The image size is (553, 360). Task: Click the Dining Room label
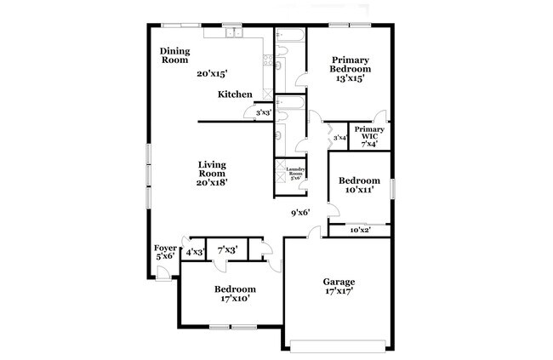pyautogui.click(x=174, y=55)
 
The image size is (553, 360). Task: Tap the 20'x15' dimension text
pyautogui.click(x=212, y=74)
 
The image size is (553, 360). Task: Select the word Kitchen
pyautogui.click(x=234, y=94)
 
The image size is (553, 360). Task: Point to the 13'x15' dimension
pyautogui.click(x=350, y=78)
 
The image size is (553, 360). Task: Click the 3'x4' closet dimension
pyautogui.click(x=339, y=137)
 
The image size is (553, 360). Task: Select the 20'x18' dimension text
pyautogui.click(x=212, y=181)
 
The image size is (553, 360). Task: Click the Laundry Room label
pyautogui.click(x=295, y=174)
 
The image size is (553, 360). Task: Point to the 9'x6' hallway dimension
pyautogui.click(x=300, y=213)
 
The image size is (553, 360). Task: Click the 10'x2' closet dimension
pyautogui.click(x=361, y=230)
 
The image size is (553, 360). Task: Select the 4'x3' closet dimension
pyautogui.click(x=196, y=251)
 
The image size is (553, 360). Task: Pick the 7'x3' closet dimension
pyautogui.click(x=227, y=250)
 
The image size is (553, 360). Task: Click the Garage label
pyautogui.click(x=339, y=282)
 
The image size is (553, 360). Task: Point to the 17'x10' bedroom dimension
pyautogui.click(x=234, y=300)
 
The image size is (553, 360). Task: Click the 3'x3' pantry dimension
pyautogui.click(x=265, y=112)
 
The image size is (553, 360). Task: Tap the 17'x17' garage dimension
pyautogui.click(x=339, y=293)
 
